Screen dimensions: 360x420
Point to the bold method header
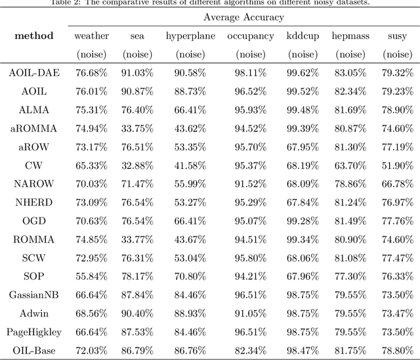coord(33,35)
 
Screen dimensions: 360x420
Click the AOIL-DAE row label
coord(33,73)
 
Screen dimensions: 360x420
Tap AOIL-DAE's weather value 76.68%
coord(91,73)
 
